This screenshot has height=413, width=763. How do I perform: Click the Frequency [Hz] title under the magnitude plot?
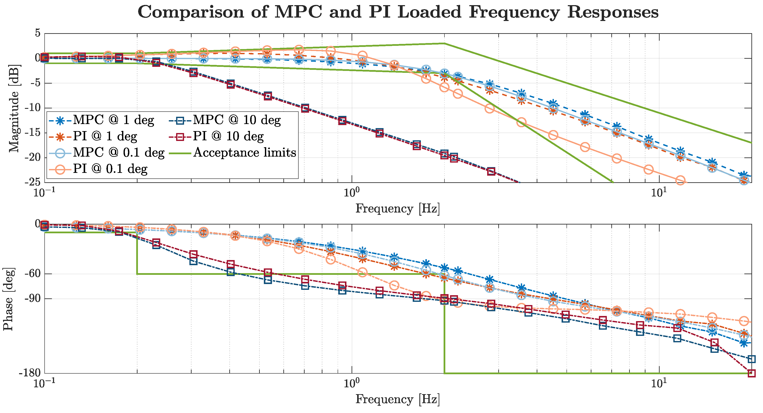pyautogui.click(x=397, y=209)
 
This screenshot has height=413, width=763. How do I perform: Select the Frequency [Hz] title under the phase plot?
pyautogui.click(x=397, y=399)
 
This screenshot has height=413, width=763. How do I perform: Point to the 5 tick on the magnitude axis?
pyautogui.click(x=38, y=33)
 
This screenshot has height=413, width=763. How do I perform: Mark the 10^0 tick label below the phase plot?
pyautogui.click(x=352, y=384)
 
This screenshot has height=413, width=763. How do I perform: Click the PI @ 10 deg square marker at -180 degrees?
pyautogui.click(x=751, y=373)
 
